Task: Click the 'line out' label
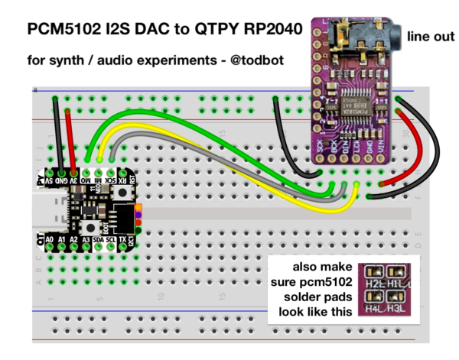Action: [x=431, y=36]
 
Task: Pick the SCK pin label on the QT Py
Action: [x=111, y=181]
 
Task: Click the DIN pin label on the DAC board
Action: [x=345, y=143]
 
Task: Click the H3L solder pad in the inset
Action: [x=397, y=303]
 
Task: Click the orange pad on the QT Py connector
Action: [x=138, y=207]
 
